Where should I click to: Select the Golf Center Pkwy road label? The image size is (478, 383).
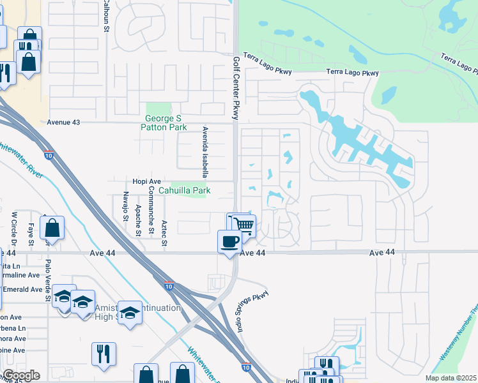[x=236, y=87]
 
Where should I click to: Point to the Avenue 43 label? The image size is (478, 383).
[x=66, y=122]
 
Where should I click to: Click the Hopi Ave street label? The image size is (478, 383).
[x=146, y=181]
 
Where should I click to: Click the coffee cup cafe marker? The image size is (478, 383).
[x=229, y=241]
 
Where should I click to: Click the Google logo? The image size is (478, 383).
[x=21, y=375]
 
